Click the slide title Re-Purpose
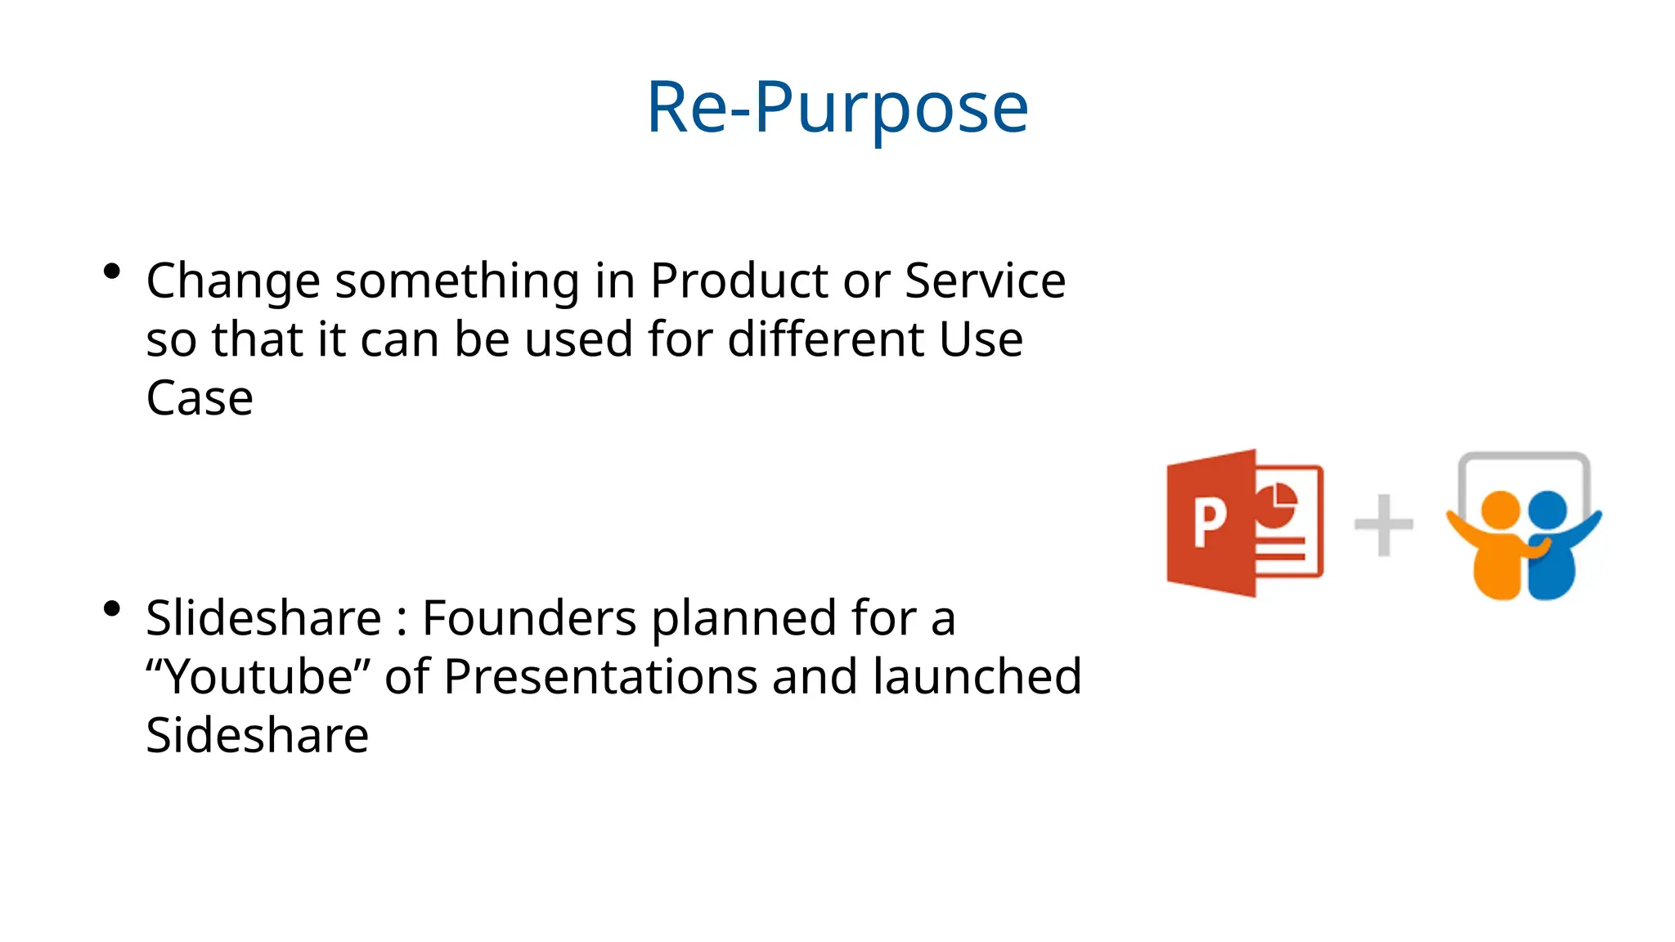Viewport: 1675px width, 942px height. tap(837, 108)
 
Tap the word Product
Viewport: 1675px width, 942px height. tap(739, 280)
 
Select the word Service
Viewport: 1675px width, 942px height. tap(985, 280)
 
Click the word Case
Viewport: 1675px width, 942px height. tap(200, 399)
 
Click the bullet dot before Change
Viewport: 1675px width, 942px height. tap(112, 272)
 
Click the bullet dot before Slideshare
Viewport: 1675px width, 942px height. tap(112, 609)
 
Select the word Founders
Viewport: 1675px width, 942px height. tap(528, 617)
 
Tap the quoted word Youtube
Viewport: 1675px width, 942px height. tap(259, 677)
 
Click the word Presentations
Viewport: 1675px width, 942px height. tap(600, 677)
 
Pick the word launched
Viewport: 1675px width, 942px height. tap(977, 677)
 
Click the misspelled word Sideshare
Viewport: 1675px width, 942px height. tap(257, 736)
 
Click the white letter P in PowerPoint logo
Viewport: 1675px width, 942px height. tap(1209, 523)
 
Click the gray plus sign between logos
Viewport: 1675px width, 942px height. tap(1383, 525)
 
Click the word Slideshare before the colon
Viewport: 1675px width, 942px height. tap(263, 617)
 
